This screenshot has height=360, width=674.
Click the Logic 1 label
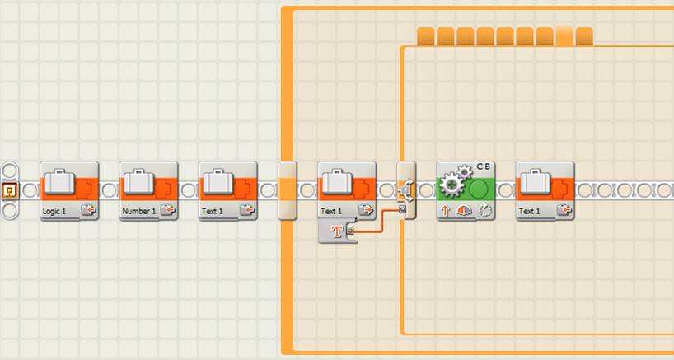pos(54,212)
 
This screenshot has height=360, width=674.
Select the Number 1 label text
pos(139,212)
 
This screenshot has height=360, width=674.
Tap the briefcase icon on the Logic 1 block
pos(60,181)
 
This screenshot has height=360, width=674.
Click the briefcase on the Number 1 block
pos(139,181)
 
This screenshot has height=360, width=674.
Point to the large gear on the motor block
pos(452,185)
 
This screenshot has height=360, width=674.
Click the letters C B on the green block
pos(483,166)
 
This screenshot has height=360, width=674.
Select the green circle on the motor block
pos(478,189)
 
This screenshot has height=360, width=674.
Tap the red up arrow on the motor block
pos(445,211)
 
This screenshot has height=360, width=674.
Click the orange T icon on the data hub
pos(338,231)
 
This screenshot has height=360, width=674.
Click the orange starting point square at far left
pos(9,189)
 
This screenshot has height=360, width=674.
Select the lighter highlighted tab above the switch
pos(564,36)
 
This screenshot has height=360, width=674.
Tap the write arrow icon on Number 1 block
pos(167,210)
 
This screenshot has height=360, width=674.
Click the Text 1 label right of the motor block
pos(530,212)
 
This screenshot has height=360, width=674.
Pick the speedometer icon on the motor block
pos(464,211)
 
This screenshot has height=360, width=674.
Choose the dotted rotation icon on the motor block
pos(484,211)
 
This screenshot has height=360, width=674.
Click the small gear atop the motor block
pos(464,171)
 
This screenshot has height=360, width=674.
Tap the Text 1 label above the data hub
pos(331,212)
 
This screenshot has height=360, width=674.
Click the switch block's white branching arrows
pos(407,189)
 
